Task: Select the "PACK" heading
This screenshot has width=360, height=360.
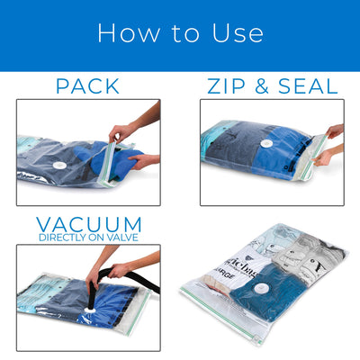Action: (x=87, y=86)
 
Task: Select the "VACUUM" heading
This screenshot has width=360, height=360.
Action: (x=88, y=224)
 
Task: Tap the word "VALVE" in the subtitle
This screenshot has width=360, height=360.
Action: (x=124, y=238)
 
